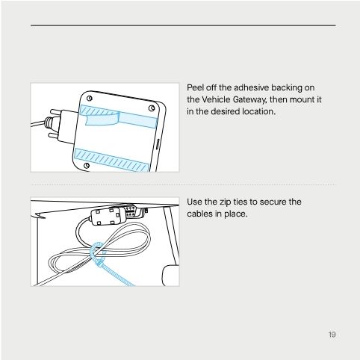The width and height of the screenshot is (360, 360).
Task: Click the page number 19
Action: pos(331,334)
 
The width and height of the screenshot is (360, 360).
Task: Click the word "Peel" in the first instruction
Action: pos(195,87)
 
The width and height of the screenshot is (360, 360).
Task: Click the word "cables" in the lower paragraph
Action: pos(200,214)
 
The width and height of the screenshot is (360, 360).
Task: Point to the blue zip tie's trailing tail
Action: pos(120,273)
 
